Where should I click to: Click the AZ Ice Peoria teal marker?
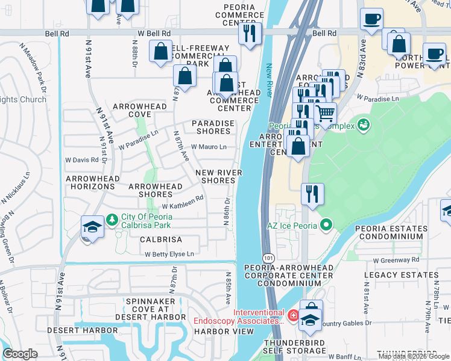click(x=326, y=226)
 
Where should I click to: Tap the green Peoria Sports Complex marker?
click(x=363, y=125)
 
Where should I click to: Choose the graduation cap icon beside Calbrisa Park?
click(x=92, y=226)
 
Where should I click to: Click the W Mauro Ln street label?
click(x=209, y=147)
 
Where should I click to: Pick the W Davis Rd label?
click(x=81, y=160)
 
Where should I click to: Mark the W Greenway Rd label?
click(x=396, y=260)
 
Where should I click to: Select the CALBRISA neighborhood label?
click(x=161, y=239)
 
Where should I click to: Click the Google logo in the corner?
click(x=20, y=354)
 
